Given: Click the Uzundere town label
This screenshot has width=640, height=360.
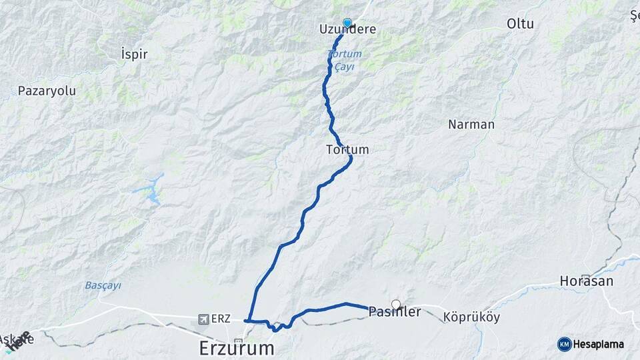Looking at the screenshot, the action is tap(348, 30).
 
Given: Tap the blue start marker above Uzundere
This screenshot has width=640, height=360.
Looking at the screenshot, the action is tap(347, 22).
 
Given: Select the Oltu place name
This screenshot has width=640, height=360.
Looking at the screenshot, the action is tap(520, 24).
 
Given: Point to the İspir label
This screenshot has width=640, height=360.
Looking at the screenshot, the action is tap(134, 54).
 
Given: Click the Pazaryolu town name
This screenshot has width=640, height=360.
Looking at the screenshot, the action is tap(47, 91).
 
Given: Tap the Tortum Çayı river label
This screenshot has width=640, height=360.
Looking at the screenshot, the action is tap(344, 60).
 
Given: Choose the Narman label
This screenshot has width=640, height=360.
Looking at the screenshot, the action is tap(471, 125).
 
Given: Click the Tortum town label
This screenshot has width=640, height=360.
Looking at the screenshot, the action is tap(347, 150).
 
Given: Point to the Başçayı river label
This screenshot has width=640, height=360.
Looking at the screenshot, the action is tap(103, 285).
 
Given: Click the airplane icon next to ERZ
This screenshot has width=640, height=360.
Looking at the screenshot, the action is tap(203, 319).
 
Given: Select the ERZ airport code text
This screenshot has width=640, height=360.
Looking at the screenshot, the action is tap(221, 319).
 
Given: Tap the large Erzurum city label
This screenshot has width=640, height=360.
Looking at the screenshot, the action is tap(237, 348).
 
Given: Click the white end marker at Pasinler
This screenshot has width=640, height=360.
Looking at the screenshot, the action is tap(396, 305).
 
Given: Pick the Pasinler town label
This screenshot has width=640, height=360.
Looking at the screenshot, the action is tap(395, 312).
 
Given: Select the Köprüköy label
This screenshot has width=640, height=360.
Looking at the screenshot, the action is tap(471, 318).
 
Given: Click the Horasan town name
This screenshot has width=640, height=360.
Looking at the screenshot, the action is tap(587, 281).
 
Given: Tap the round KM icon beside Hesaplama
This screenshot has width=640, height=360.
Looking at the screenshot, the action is tap(564, 344).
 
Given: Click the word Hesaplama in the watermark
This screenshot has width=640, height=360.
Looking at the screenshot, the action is tap(599, 344).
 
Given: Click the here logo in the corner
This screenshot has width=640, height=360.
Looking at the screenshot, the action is tap(19, 340).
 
